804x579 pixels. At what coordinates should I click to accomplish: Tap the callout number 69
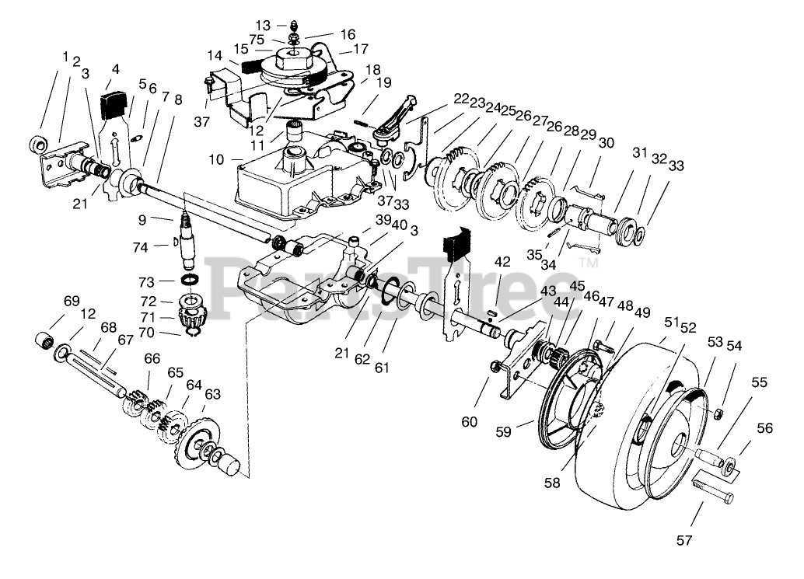pyautogui.click(x=71, y=301)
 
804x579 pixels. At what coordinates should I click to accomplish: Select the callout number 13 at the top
pyautogui.click(x=263, y=26)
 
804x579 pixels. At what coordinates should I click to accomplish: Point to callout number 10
pyautogui.click(x=218, y=159)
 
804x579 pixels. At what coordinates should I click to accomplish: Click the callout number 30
pyautogui.click(x=606, y=143)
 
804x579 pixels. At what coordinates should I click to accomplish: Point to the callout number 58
pyautogui.click(x=552, y=483)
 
